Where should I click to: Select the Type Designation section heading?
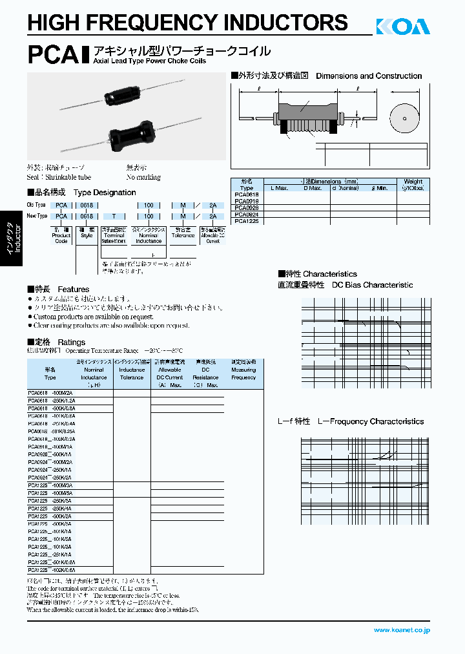click(105, 193)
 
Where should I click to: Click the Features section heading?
click(73, 289)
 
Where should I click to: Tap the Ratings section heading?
click(71, 342)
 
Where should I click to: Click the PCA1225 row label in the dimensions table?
click(247, 220)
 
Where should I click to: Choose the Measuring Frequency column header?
click(243, 374)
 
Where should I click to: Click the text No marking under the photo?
click(143, 177)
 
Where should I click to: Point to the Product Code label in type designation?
click(61, 238)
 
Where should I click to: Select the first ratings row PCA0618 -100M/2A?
click(51, 393)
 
